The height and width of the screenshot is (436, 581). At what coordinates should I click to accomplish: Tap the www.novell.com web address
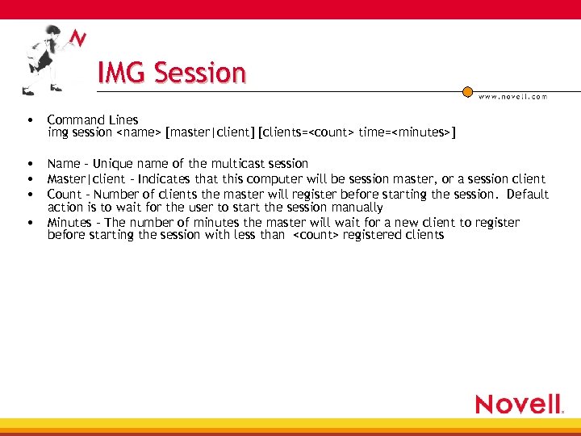[512, 96]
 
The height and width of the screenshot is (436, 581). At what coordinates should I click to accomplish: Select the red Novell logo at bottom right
[518, 404]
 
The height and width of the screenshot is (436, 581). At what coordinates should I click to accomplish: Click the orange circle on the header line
[467, 92]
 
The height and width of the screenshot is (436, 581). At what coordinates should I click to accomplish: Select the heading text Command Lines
[93, 120]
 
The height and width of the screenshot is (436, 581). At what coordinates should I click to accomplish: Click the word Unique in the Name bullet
[113, 164]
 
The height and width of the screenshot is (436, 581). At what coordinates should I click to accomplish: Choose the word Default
[528, 194]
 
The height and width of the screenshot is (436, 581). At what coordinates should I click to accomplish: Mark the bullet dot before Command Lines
[29, 120]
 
